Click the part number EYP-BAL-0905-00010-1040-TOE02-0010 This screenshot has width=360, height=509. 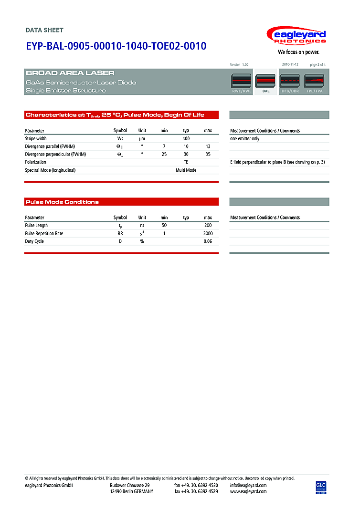116,46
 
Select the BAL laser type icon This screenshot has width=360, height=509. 266,82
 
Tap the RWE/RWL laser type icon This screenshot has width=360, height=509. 242,82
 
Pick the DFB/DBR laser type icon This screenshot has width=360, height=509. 290,82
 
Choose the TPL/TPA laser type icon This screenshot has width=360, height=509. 315,82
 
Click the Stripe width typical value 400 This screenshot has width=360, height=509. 186,138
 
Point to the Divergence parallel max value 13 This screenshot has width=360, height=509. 208,146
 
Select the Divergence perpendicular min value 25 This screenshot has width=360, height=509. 164,155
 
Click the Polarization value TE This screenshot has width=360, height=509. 186,162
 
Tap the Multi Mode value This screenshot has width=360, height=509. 186,170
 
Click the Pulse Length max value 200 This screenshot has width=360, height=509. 208,225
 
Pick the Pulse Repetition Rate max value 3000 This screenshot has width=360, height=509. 207,233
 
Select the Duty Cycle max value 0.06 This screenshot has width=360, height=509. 208,241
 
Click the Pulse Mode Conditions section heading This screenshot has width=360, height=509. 62,202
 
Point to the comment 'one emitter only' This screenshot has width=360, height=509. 245,138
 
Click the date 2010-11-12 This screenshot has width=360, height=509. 290,64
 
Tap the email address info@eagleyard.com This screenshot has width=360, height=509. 248,485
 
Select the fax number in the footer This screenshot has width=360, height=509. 196,491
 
